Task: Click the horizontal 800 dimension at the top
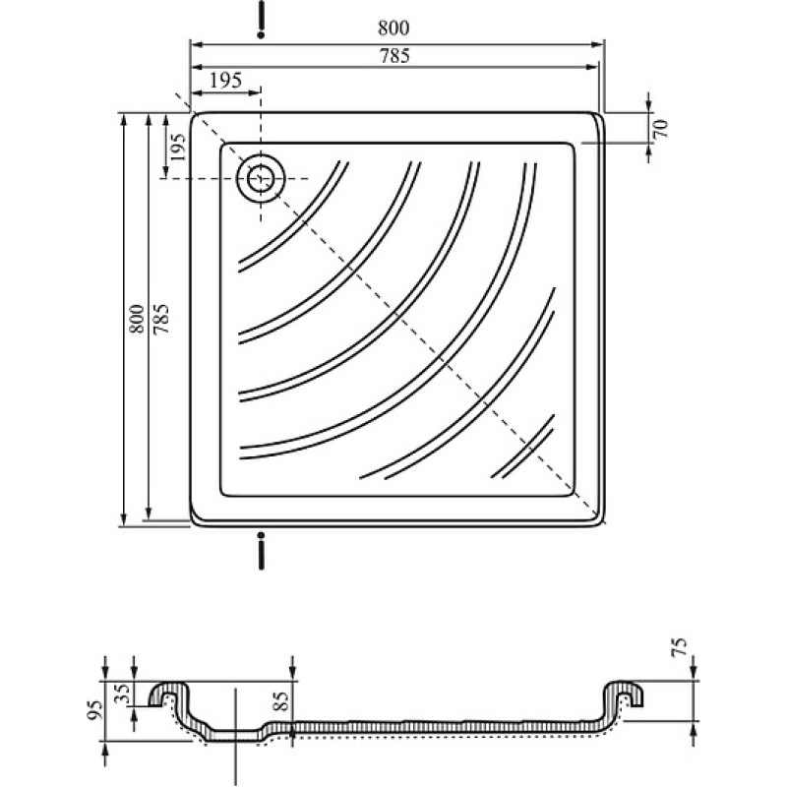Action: pos(393,28)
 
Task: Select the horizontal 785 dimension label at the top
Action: pos(394,56)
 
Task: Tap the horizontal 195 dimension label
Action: pos(226,80)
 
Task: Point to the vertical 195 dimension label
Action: pos(178,147)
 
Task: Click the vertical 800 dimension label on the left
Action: pos(136,319)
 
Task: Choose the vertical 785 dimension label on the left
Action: pos(161,319)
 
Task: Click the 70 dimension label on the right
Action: pos(661,129)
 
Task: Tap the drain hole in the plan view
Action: pos(261,179)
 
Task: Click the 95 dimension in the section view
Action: pos(95,709)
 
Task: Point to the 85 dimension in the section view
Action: pos(282,701)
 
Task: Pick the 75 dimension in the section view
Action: pos(679,647)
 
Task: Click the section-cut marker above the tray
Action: pos(261,20)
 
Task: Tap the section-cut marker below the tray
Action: pos(261,551)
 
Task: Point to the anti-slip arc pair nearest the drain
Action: pos(292,216)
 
